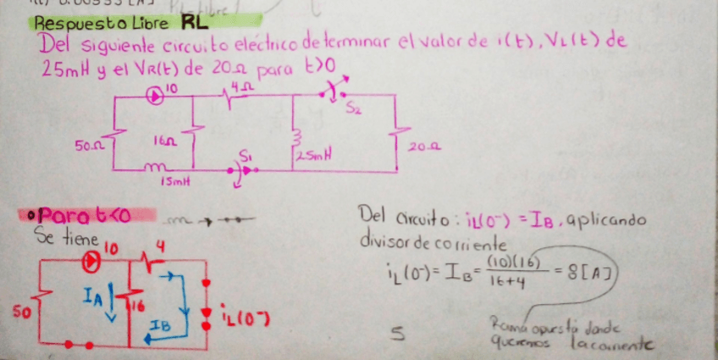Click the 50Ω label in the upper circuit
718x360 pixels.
point(87,146)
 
